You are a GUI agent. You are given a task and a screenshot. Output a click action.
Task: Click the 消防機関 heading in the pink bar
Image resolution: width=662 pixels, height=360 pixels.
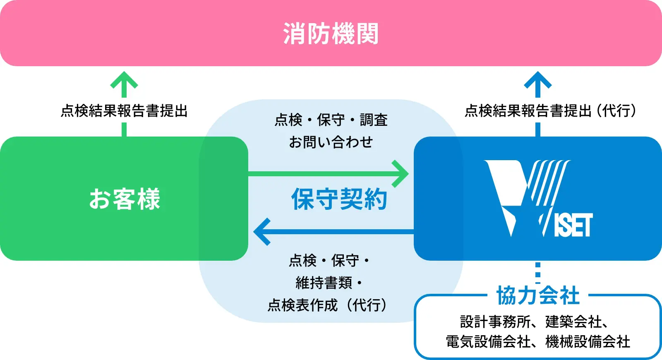(331, 34)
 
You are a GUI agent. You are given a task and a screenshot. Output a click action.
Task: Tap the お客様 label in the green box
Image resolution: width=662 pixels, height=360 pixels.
(125, 199)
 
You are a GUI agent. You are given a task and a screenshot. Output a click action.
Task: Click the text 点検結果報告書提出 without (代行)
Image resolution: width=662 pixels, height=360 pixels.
(124, 111)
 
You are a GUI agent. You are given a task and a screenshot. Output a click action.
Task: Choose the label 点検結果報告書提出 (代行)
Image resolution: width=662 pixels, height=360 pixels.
(550, 111)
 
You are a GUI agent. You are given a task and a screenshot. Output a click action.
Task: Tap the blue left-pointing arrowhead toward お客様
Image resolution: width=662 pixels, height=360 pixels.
(262, 232)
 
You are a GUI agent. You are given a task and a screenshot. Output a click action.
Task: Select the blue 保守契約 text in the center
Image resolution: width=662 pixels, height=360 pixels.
(339, 199)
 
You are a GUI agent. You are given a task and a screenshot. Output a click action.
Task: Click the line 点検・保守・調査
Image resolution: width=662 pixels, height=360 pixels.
(331, 120)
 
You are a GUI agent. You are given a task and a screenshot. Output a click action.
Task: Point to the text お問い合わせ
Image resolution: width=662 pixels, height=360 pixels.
(331, 142)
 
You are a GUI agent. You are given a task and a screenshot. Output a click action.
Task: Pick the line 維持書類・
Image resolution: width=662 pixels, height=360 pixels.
(329, 283)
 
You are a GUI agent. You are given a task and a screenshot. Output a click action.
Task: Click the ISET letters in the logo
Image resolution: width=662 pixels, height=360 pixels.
(573, 226)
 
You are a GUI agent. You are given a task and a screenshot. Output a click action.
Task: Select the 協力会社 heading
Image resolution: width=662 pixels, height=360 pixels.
(538, 295)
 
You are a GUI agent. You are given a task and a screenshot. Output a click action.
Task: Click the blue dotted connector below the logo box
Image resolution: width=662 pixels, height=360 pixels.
(538, 271)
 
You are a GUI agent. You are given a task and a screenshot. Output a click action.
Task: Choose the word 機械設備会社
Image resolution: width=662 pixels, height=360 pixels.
(588, 342)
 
